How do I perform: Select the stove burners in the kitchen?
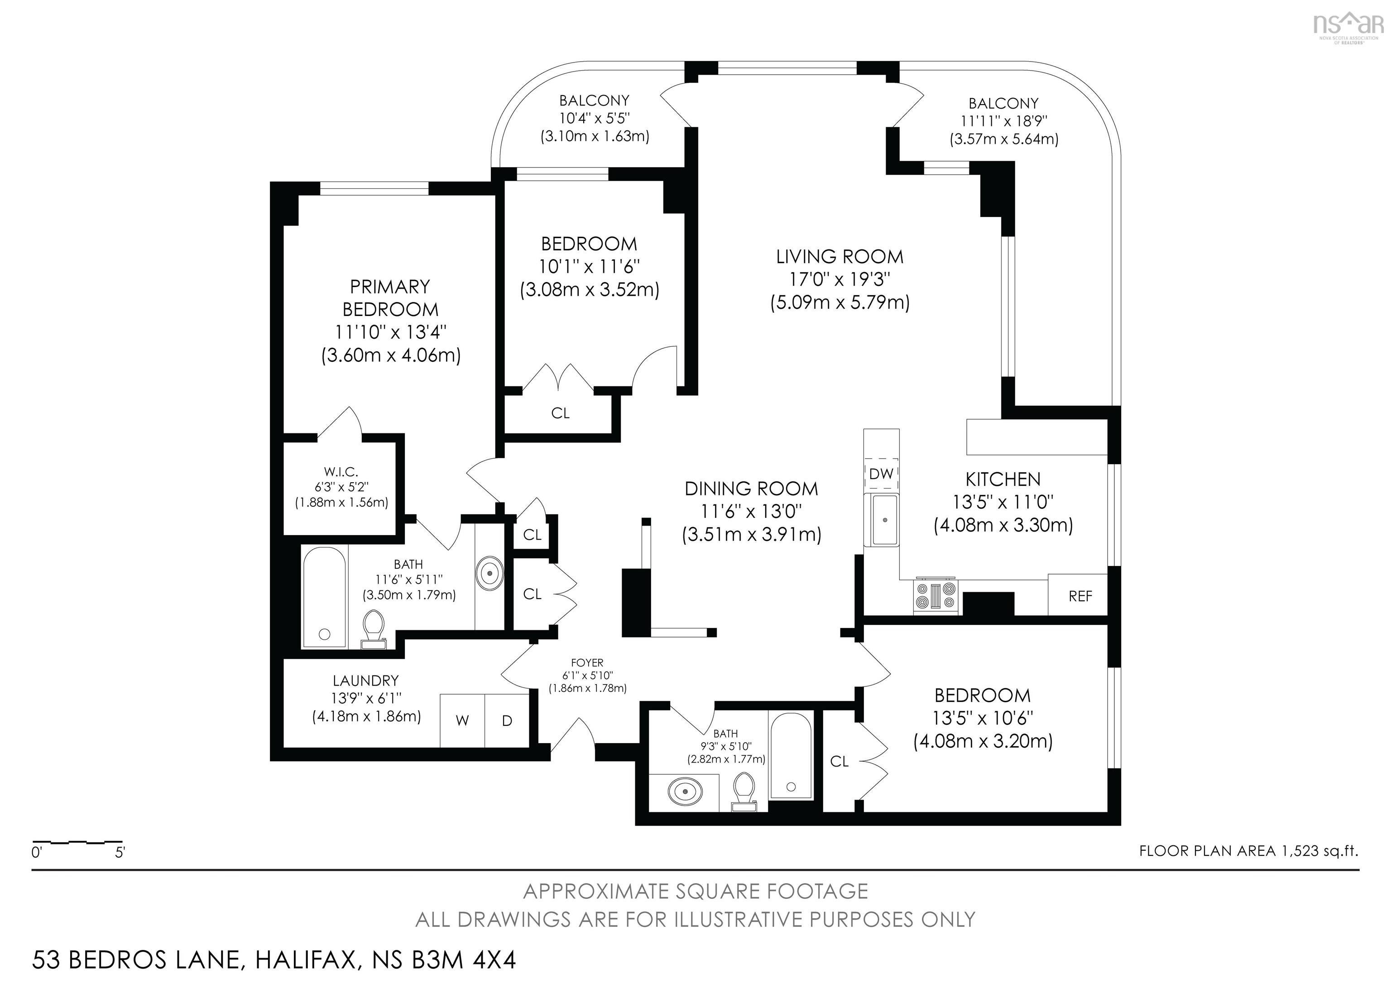936,595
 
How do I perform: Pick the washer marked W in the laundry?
462,721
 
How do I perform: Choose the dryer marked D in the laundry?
507,721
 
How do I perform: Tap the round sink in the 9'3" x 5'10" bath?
685,791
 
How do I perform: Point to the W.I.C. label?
341,472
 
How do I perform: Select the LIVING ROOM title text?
839,257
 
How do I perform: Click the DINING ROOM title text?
751,489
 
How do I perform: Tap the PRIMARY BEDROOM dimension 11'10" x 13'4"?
391,332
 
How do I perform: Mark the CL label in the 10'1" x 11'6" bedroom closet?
561,413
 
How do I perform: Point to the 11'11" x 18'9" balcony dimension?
1004,121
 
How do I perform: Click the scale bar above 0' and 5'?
77,842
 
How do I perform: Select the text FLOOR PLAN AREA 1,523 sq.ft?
1249,851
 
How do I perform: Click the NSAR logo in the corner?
1350,24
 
